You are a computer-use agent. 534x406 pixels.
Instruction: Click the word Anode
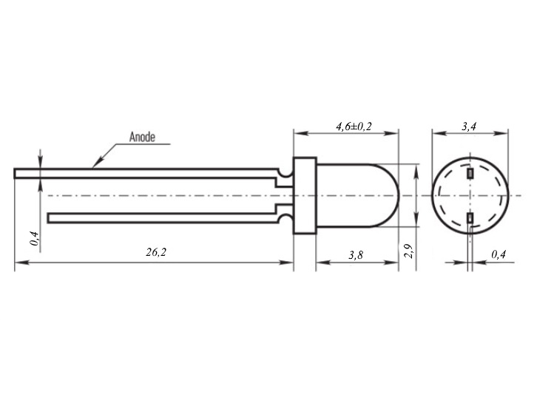tap(142, 137)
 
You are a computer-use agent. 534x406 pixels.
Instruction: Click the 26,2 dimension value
tap(156, 252)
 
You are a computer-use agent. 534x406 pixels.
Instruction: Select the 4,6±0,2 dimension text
tap(354, 126)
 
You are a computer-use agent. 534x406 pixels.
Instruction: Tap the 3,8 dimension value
tap(356, 255)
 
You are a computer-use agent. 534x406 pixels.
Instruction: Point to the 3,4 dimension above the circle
tap(469, 126)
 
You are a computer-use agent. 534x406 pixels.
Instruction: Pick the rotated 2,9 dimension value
tap(408, 251)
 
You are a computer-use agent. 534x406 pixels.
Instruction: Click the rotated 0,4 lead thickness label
tap(34, 238)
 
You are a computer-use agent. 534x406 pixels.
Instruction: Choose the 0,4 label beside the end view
tap(498, 254)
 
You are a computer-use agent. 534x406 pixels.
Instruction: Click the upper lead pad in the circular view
tap(470, 173)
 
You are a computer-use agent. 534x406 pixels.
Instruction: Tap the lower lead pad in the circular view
tap(470, 217)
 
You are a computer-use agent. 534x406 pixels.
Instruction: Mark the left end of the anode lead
tap(15, 173)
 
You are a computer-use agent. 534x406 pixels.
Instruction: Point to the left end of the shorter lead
tap(48, 218)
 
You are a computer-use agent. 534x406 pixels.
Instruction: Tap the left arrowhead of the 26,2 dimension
tap(21, 263)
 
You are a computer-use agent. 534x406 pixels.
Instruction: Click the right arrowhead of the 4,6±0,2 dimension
tap(392, 133)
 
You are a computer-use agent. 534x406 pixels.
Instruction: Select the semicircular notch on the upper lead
tap(285, 173)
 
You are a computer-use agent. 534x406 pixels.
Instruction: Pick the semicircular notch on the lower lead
tap(285, 219)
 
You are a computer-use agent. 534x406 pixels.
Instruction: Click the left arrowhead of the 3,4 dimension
tap(439, 133)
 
